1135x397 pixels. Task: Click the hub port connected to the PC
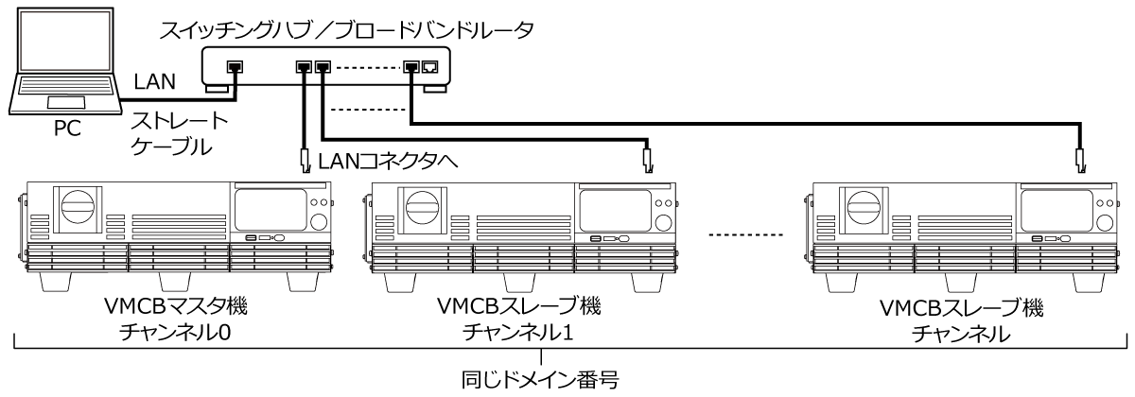[234, 67]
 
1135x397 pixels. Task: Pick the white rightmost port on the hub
[429, 67]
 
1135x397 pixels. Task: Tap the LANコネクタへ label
[389, 163]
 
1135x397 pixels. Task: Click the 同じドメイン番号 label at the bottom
[540, 381]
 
